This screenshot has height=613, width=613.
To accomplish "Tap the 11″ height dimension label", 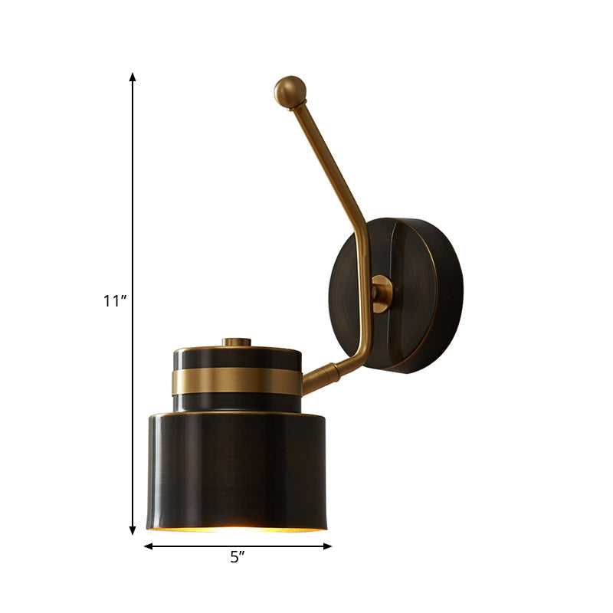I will point(115,301).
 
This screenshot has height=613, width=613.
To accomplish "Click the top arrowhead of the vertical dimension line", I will point(133,77).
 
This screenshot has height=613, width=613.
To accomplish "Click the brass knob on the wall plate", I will point(381,293).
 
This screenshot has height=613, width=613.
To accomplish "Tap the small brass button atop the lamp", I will point(237,342).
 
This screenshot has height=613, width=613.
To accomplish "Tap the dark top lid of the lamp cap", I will point(236,356).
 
